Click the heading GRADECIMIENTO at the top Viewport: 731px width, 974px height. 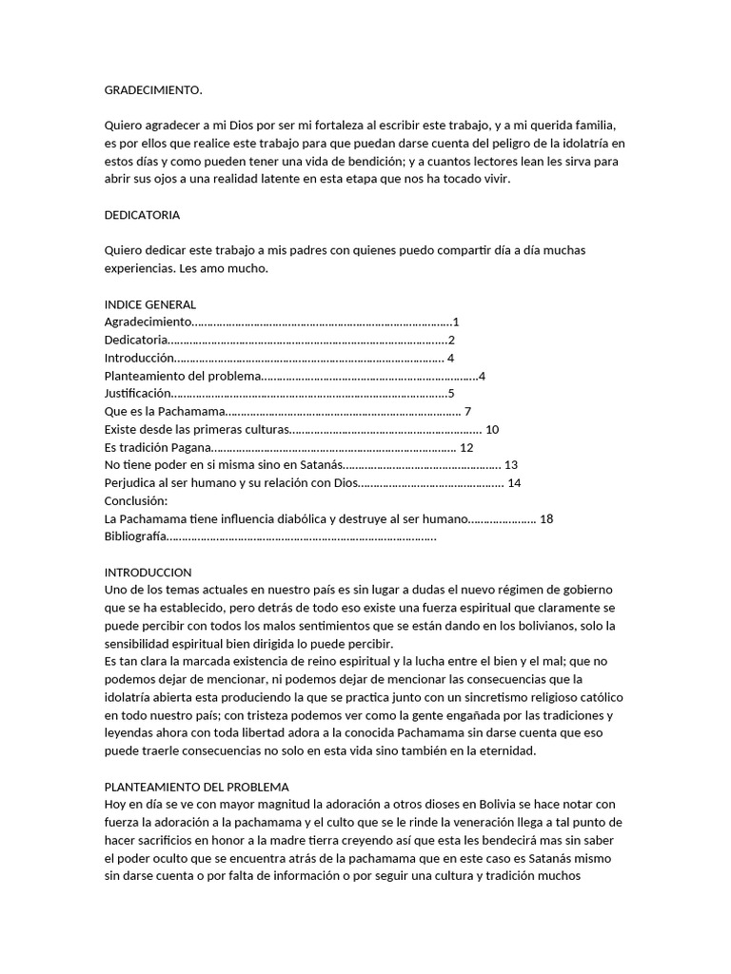point(153,90)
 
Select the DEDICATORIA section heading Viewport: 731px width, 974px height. point(142,215)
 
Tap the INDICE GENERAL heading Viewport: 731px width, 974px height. point(149,304)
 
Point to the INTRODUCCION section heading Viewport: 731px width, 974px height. point(148,573)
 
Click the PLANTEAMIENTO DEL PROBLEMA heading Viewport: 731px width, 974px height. point(196,788)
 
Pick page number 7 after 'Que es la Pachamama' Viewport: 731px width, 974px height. point(465,412)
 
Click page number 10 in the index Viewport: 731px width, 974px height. point(492,430)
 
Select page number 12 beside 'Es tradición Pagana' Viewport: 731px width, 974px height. point(466,448)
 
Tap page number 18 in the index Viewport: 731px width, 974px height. point(546,519)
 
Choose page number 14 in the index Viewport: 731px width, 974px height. point(515,483)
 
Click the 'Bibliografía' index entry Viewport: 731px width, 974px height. point(135,537)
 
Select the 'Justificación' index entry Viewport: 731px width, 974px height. point(138,394)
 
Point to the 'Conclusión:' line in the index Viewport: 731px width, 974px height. point(136,501)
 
